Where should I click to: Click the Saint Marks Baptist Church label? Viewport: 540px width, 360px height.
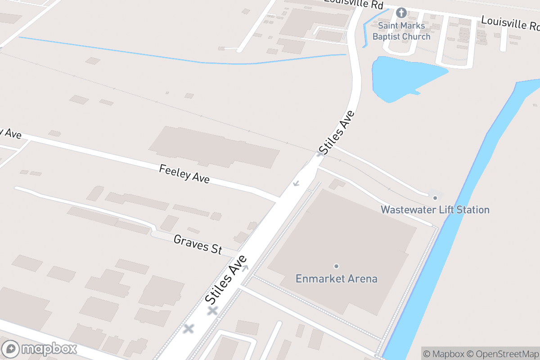pos(401,31)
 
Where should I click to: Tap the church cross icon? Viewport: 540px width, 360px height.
pos(401,13)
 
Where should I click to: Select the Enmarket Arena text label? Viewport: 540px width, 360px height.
pos(336,279)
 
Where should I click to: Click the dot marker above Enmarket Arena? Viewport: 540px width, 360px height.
pos(336,266)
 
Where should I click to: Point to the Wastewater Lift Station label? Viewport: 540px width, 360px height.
pos(435,210)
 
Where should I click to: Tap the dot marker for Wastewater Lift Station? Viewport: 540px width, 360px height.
pos(435,198)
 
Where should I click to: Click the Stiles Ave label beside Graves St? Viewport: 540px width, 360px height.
pos(226,279)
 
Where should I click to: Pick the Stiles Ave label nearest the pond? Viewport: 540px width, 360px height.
pos(337,131)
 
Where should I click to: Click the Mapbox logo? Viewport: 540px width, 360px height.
pos(40,349)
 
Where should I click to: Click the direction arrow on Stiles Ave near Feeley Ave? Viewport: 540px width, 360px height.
pos(296,183)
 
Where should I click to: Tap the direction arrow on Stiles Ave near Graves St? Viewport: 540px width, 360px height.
pos(245,269)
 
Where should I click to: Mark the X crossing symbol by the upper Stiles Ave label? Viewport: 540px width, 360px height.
pos(320,153)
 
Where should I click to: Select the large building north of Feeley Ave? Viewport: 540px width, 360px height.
pos(214,146)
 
